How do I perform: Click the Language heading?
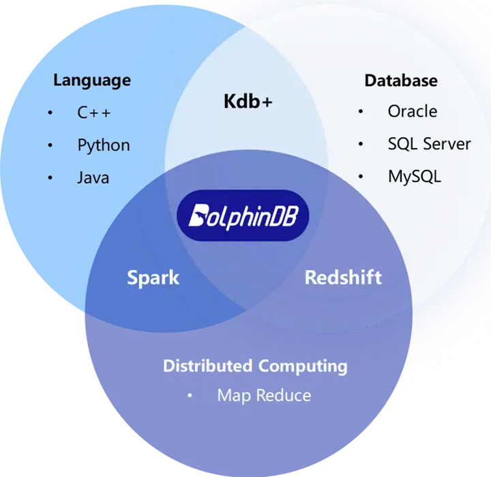(x=92, y=81)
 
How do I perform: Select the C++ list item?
(x=94, y=113)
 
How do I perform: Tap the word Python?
(x=104, y=146)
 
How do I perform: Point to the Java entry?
(x=93, y=177)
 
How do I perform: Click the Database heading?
(x=401, y=81)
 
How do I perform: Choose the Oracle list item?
(x=413, y=111)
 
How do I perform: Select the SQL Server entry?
(x=430, y=144)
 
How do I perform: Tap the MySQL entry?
(x=415, y=177)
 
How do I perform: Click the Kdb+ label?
(x=248, y=101)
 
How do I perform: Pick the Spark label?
(x=153, y=278)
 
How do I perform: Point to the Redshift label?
(x=343, y=277)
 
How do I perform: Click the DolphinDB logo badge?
(x=243, y=216)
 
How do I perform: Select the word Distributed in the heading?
(x=207, y=366)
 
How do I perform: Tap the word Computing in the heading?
(x=303, y=366)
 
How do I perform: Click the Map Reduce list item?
(x=264, y=396)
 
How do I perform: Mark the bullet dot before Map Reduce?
(x=190, y=396)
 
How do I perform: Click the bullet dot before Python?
(x=50, y=145)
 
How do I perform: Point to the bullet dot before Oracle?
(x=361, y=111)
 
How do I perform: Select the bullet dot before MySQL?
(x=361, y=177)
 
